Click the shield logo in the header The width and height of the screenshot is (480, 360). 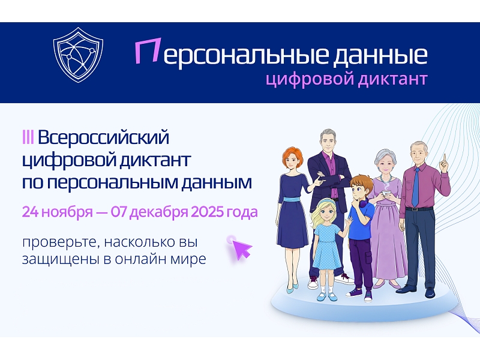[78, 55]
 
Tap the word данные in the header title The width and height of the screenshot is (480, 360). [380, 55]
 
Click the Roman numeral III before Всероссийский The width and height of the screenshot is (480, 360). [28, 137]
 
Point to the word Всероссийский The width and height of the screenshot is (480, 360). [103, 137]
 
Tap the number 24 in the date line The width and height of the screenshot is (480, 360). [30, 212]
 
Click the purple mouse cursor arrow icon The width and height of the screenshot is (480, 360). [241, 248]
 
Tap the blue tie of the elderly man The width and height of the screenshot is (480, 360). [415, 187]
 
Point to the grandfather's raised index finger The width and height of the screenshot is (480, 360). [444, 158]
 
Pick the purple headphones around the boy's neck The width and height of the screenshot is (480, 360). [364, 203]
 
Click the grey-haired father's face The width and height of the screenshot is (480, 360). [328, 144]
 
